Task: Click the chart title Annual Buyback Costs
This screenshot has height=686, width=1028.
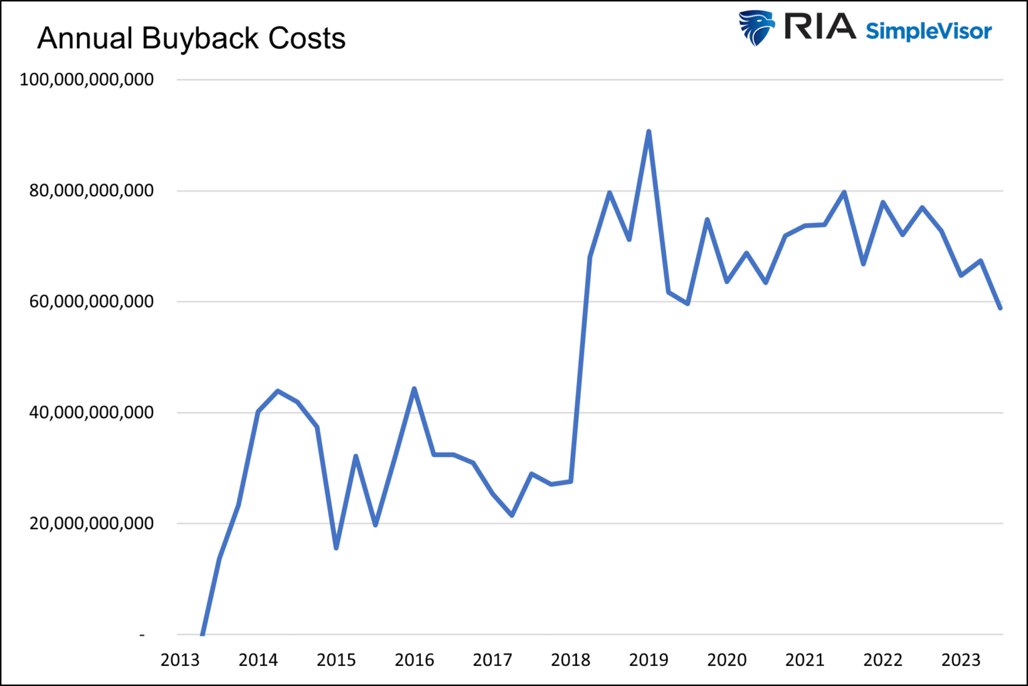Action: [x=191, y=38]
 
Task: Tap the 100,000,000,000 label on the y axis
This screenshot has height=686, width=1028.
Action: [x=87, y=79]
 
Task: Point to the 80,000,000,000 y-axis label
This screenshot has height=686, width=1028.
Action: [x=92, y=190]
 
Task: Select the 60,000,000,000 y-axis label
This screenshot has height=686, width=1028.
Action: [x=92, y=301]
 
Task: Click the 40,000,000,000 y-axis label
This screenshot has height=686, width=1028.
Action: [x=92, y=412]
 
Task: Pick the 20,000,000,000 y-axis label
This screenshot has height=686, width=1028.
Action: [x=92, y=523]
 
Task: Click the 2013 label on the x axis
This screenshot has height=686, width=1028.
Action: [x=180, y=660]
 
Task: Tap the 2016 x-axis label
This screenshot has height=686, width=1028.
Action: [x=414, y=660]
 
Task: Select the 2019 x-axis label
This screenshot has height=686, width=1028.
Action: [x=649, y=660]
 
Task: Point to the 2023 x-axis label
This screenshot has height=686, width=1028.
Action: [x=961, y=660]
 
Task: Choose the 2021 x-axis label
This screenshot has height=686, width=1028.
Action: [x=805, y=660]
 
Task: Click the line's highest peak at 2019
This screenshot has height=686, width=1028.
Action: [x=649, y=132]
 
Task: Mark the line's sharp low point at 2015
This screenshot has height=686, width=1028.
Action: [x=336, y=548]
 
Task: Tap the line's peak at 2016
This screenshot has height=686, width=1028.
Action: [x=414, y=389]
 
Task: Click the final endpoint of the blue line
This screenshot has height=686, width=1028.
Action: [x=1000, y=308]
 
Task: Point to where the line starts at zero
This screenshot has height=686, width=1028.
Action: [x=201, y=633]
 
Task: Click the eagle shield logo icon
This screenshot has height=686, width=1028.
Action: [x=756, y=28]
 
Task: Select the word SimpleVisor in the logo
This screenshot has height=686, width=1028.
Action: [x=928, y=31]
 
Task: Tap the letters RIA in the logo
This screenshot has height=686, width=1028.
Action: [x=819, y=27]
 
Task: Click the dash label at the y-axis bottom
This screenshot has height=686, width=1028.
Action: [x=142, y=634]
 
